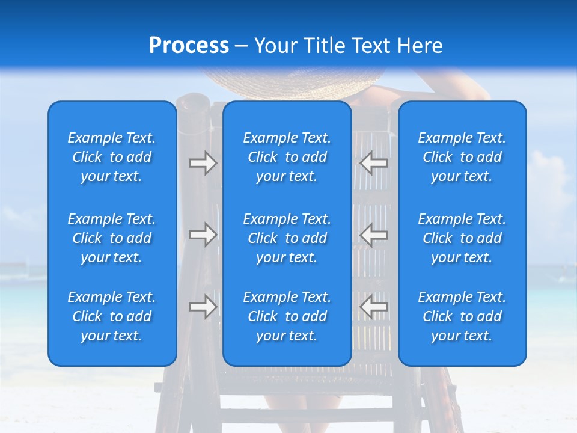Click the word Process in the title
189,46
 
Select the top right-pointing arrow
203,163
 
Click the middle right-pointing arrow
203,235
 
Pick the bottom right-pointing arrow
203,307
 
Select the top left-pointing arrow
374,163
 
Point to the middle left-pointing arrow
374,235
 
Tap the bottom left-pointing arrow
374,307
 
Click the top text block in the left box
112,157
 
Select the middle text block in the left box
112,238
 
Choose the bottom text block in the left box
112,316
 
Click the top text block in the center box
287,157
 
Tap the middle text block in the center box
287,238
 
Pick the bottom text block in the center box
287,316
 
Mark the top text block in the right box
462,157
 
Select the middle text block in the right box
462,238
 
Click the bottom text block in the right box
462,316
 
